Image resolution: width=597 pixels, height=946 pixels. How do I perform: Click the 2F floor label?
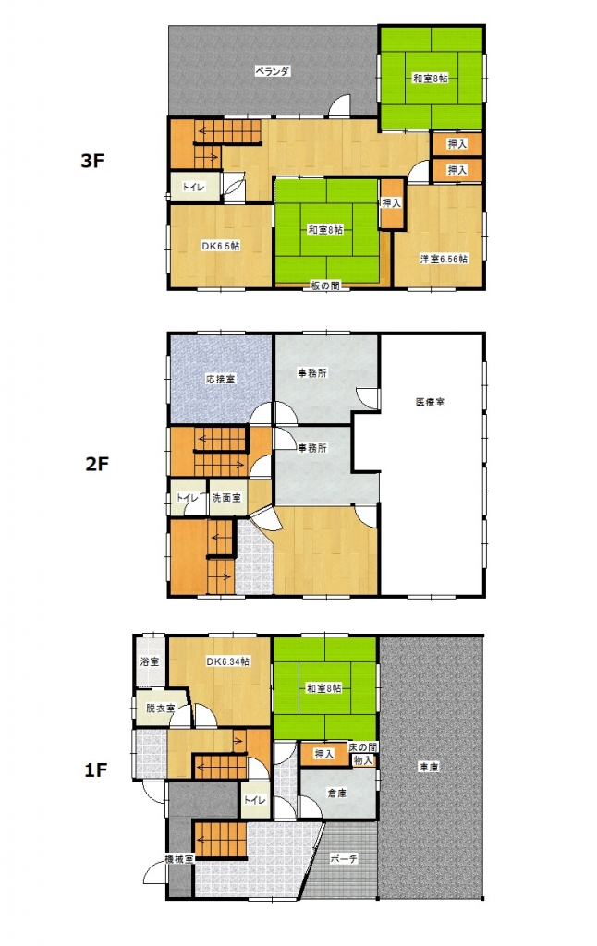[x=97, y=464]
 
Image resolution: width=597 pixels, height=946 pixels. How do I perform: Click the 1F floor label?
[x=97, y=769]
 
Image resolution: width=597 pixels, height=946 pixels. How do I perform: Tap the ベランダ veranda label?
[x=274, y=71]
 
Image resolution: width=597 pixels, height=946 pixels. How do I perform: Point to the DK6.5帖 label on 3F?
[x=221, y=246]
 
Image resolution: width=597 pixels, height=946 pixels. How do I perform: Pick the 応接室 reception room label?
[x=219, y=379]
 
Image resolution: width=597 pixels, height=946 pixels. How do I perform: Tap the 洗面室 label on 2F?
[x=226, y=498]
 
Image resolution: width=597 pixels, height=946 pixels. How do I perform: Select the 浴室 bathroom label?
[x=149, y=662]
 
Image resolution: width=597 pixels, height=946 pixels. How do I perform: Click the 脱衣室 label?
[x=159, y=709]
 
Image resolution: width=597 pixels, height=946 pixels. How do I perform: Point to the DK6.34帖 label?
[x=227, y=661]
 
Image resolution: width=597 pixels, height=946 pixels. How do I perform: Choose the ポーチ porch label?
[x=343, y=858]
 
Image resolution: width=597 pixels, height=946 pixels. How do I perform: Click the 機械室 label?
[x=178, y=860]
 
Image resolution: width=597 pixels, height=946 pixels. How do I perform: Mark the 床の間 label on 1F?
[x=361, y=746]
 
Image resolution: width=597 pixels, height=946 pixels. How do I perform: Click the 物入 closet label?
[x=363, y=759]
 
